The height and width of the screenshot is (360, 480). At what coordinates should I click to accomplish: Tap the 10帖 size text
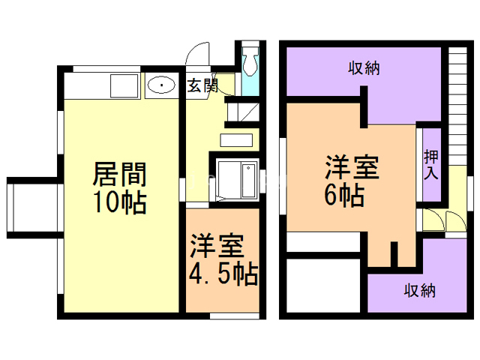pyautogui.click(x=119, y=202)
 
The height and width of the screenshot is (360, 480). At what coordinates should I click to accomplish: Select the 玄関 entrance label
pyautogui.click(x=202, y=86)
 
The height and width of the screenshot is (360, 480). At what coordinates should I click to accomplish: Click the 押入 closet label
pyautogui.click(x=431, y=166)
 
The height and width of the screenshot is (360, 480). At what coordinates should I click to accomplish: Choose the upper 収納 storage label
pyautogui.click(x=364, y=68)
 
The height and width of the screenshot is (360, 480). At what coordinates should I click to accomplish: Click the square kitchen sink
pyautogui.click(x=121, y=85)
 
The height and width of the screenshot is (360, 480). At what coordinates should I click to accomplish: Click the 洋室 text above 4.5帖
pyautogui.click(x=222, y=246)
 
